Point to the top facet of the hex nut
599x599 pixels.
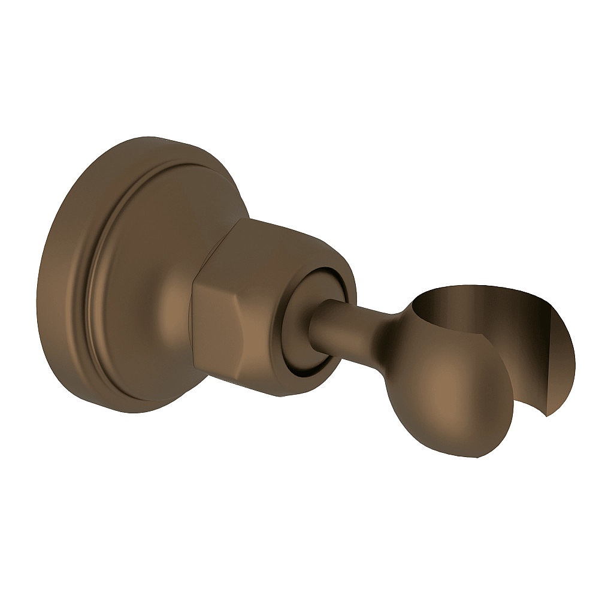[x=276, y=240]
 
